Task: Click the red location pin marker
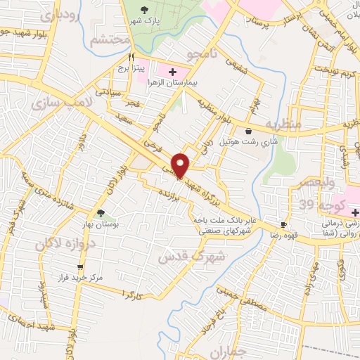[x=181, y=165]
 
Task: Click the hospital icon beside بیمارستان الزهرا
[x=172, y=72]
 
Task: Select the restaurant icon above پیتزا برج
[x=131, y=57]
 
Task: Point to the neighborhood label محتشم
[x=109, y=40]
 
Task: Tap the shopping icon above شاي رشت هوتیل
[x=248, y=131]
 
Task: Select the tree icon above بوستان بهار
[x=101, y=213]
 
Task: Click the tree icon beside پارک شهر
[x=145, y=10]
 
